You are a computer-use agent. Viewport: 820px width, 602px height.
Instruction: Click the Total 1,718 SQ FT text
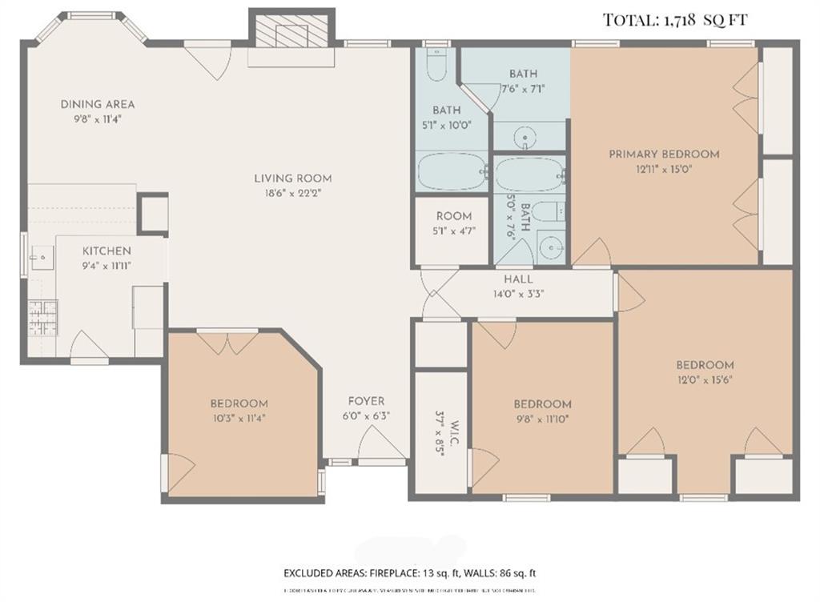click(x=675, y=20)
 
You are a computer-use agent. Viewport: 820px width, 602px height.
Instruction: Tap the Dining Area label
click(x=98, y=104)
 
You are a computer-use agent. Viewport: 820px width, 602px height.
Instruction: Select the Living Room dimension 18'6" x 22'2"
click(x=293, y=192)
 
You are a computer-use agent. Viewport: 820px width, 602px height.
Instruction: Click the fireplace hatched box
click(x=291, y=33)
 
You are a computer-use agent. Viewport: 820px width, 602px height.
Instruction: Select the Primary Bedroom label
click(x=664, y=154)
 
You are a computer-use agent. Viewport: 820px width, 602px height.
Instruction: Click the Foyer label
click(x=365, y=401)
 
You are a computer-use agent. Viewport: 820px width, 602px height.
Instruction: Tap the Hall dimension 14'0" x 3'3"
click(x=518, y=293)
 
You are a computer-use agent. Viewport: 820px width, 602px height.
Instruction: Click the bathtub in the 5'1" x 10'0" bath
click(x=452, y=171)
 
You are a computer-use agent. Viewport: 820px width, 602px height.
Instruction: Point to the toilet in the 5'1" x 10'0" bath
click(x=436, y=66)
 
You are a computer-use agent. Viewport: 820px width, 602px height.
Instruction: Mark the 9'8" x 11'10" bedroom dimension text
click(x=542, y=418)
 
